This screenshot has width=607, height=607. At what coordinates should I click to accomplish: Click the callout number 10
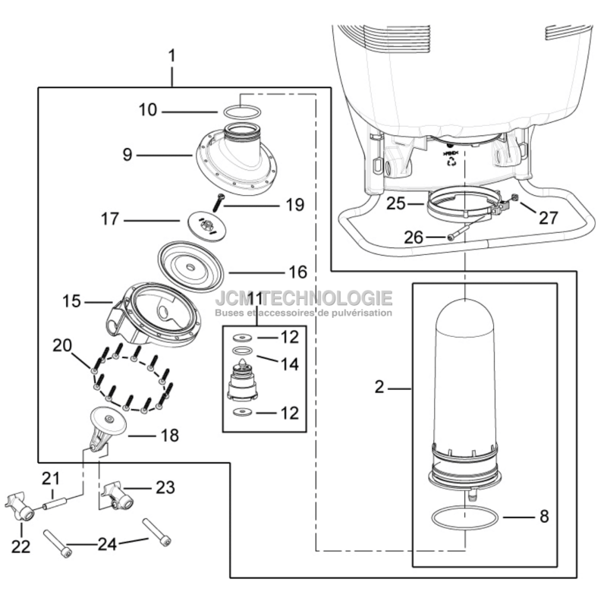pyautogui.click(x=147, y=111)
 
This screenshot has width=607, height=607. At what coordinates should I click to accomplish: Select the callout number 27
pyautogui.click(x=548, y=218)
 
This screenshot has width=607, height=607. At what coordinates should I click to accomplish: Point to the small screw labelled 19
pyautogui.click(x=219, y=201)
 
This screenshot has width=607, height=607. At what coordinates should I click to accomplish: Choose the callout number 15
pyautogui.click(x=71, y=302)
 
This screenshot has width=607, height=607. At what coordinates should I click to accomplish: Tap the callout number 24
pyautogui.click(x=106, y=543)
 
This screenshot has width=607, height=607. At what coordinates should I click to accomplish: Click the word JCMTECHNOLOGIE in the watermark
pyautogui.click(x=303, y=298)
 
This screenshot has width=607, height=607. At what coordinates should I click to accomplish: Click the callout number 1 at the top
pyautogui.click(x=171, y=55)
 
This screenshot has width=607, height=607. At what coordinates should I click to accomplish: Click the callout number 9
pyautogui.click(x=127, y=155)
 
